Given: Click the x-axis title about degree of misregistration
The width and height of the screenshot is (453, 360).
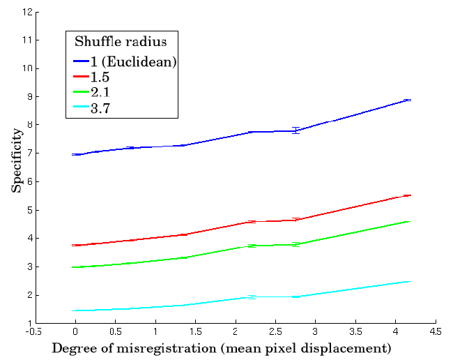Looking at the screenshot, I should coord(221,347).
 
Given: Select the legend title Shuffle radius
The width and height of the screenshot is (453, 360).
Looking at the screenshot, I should coord(121,41).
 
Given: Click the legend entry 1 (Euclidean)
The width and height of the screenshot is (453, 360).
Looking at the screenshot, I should coord(133,61).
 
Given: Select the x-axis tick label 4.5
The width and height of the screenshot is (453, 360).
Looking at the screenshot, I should coord(435,332).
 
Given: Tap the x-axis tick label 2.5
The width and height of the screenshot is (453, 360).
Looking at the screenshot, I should coord(275,332).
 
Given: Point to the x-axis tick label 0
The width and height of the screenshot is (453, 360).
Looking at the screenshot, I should coord(75,332).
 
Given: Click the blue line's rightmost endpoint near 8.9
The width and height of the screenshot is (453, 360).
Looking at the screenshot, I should coord(408,100).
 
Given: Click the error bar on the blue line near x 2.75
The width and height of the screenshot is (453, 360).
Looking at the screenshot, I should coord(296,130).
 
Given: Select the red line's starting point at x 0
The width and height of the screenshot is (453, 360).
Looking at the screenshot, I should coord(75,246).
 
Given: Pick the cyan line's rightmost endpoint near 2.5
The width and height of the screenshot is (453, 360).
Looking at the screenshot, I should coord(408,281).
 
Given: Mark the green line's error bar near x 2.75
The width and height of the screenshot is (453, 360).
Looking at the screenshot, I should coord(296,244).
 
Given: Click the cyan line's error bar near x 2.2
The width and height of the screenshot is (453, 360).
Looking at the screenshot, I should coord(252,297).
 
